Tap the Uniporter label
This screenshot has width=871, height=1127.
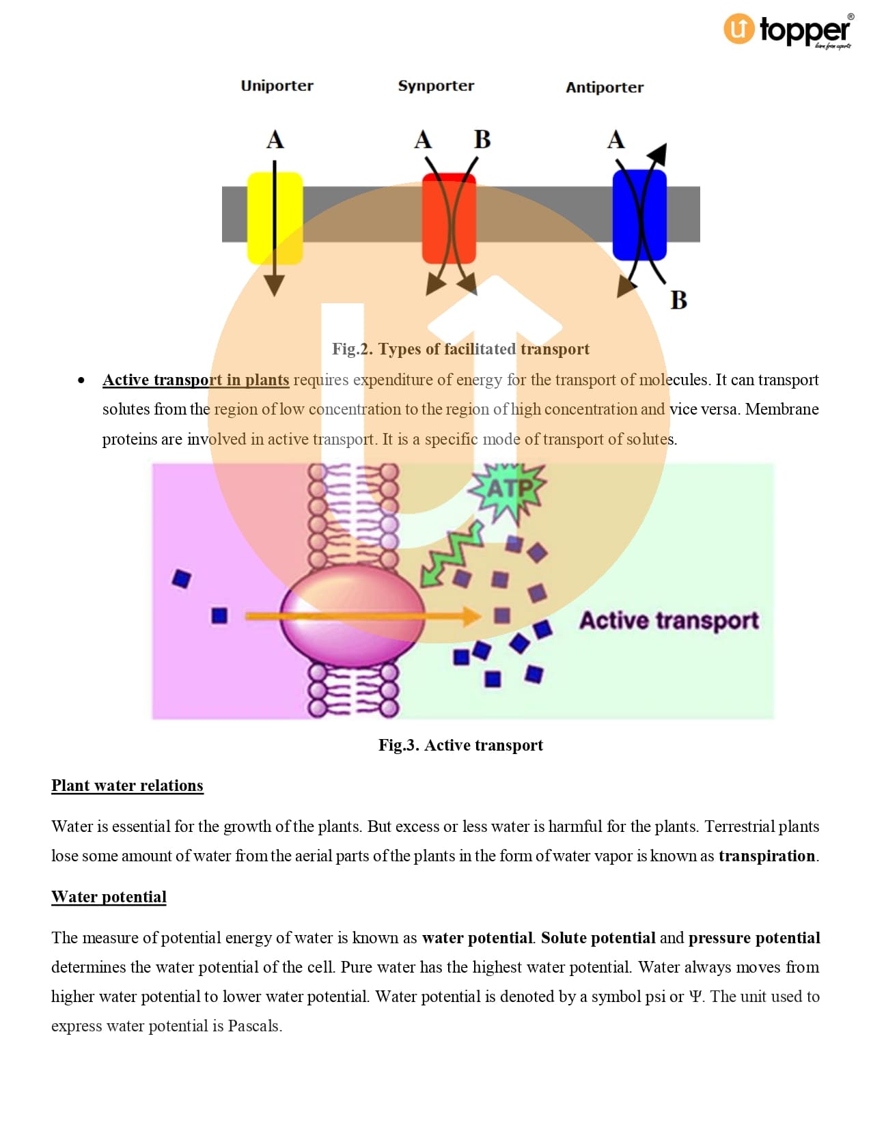[277, 86]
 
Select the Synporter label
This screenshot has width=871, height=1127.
[436, 86]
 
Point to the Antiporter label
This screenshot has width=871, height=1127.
[604, 87]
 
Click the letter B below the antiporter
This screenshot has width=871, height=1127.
[678, 301]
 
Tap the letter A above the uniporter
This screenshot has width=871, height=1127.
[275, 140]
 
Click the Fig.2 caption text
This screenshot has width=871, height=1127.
[460, 349]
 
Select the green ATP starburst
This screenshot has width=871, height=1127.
[509, 489]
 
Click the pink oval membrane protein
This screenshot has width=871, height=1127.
[352, 615]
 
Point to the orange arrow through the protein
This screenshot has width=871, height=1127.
[363, 616]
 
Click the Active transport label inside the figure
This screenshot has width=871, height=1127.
[669, 620]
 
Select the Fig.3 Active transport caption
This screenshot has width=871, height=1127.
[460, 745]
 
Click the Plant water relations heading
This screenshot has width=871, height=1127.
[127, 785]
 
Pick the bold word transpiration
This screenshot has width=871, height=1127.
[766, 856]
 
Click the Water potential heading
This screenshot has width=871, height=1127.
[109, 897]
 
